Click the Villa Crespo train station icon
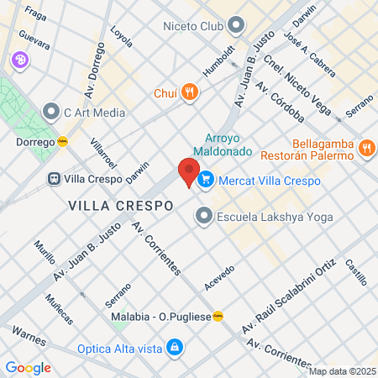pyautogui.click(x=54, y=179)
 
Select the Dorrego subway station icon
pyautogui.click(x=63, y=142)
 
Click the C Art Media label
pyautogui.click(x=95, y=113)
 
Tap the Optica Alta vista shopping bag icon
pyautogui.click(x=173, y=346)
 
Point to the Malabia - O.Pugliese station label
pyautogui.click(x=162, y=317)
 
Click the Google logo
pyautogui.click(x=28, y=367)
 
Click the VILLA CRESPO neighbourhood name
pyautogui.click(x=121, y=205)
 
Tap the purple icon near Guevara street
pyautogui.click(x=19, y=60)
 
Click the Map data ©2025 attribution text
pyautogui.click(x=342, y=371)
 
